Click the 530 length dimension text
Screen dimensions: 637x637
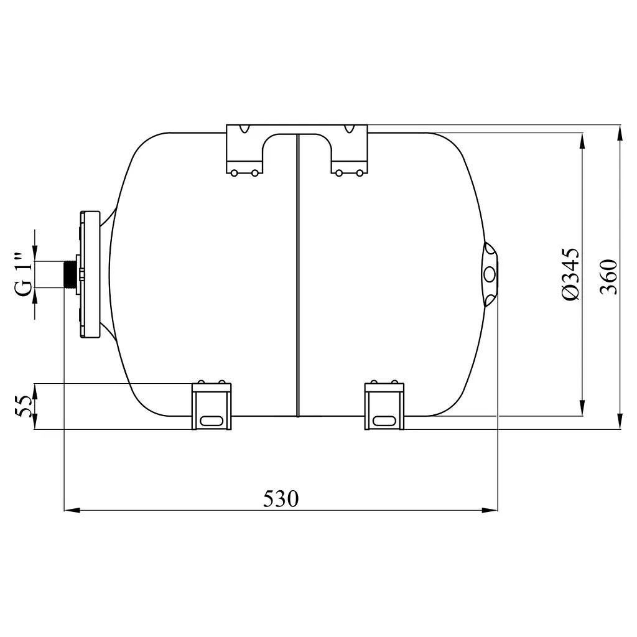(281, 499)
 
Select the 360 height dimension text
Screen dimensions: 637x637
(608, 277)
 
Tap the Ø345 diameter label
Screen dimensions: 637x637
(570, 274)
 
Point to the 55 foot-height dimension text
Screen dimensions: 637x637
(23, 406)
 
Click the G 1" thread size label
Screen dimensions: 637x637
(24, 274)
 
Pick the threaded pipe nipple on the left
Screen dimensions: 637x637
(70, 274)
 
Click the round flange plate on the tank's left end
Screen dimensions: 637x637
(90, 274)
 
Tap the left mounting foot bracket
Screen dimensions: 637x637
(212, 406)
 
